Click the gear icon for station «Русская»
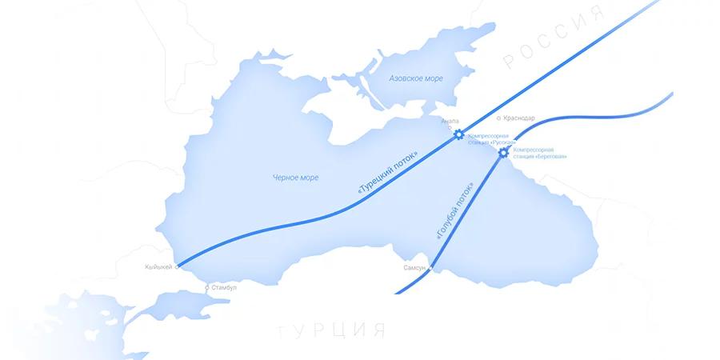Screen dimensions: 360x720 (458, 134)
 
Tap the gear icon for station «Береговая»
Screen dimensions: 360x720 (503, 152)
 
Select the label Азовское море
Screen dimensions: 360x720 (415, 79)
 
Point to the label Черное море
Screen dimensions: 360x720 (295, 178)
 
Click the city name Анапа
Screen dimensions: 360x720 (450, 122)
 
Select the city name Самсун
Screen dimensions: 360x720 (414, 268)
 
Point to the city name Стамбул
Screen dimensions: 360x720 (222, 286)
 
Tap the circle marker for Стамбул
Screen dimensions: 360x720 (207, 286)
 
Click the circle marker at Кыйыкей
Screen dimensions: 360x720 (176, 266)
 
